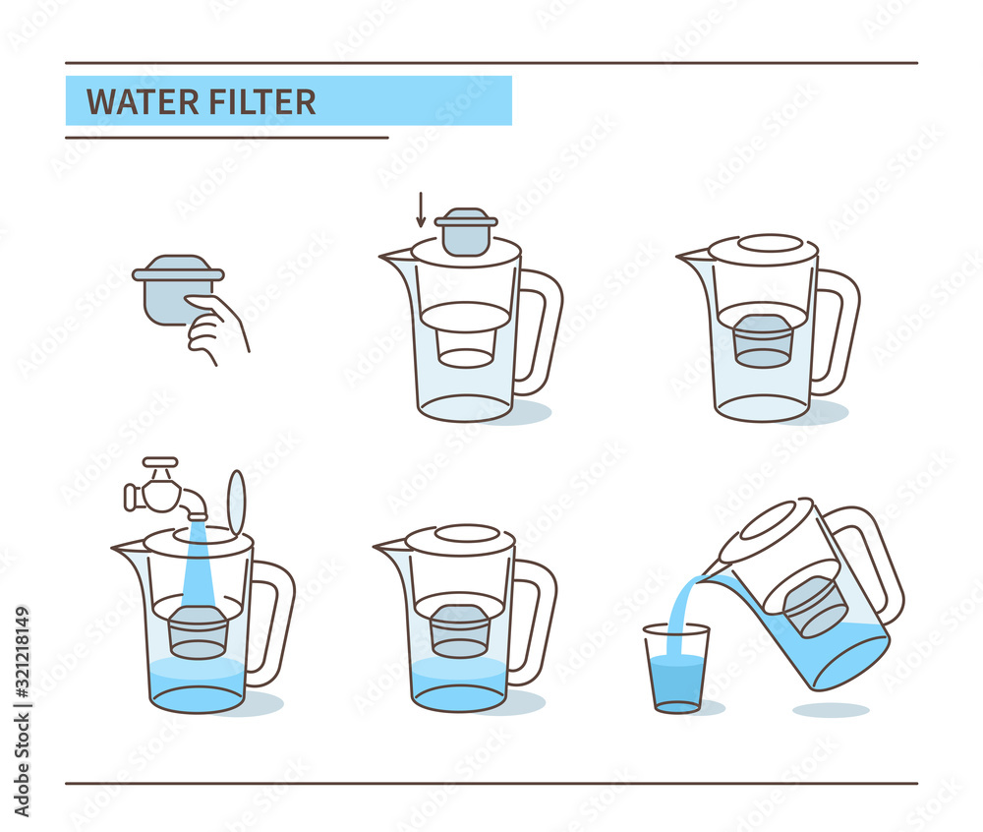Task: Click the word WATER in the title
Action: coord(141,101)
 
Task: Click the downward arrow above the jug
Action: coord(421,208)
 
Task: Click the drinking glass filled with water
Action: coord(676,669)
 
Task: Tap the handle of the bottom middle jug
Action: coord(535,620)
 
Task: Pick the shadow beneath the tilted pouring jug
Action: coord(831,709)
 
